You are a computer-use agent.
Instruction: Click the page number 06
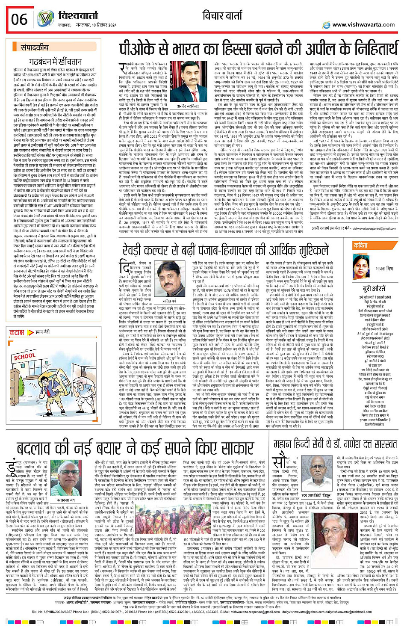19,19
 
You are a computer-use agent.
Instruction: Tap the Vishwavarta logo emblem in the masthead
45,19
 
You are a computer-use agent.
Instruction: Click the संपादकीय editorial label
35,47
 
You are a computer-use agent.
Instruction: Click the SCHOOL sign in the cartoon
24,356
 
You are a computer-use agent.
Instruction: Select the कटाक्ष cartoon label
17,332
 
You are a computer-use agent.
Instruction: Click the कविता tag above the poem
360,245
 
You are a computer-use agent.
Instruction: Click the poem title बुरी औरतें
375,288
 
